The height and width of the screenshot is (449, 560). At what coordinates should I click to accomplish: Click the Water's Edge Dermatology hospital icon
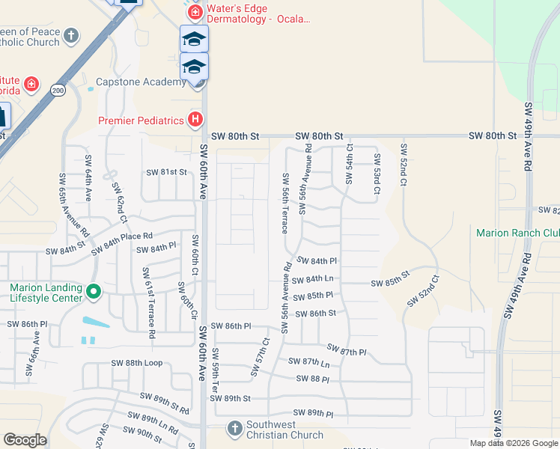(x=195, y=13)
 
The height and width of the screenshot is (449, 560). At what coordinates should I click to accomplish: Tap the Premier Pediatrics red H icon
(x=195, y=120)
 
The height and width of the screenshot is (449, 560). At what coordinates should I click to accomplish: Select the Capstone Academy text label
(x=141, y=82)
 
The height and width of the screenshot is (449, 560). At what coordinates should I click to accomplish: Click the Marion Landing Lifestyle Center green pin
(x=94, y=292)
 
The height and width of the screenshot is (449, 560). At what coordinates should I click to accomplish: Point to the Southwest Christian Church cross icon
(x=234, y=429)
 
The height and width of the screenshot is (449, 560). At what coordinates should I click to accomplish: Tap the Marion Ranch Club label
(x=517, y=233)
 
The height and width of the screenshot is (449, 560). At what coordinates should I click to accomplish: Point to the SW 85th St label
(x=391, y=283)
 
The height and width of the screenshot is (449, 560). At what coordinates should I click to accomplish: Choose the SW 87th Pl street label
(x=347, y=350)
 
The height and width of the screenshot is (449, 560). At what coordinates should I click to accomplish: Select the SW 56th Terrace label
(x=285, y=203)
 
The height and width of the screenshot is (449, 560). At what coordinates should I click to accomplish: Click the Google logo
(x=25, y=440)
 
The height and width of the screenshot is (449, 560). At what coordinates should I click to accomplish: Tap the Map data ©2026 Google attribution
(x=513, y=443)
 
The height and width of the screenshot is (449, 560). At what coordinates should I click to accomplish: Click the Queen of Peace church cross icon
(x=71, y=36)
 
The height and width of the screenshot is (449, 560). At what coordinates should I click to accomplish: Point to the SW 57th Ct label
(x=263, y=351)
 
